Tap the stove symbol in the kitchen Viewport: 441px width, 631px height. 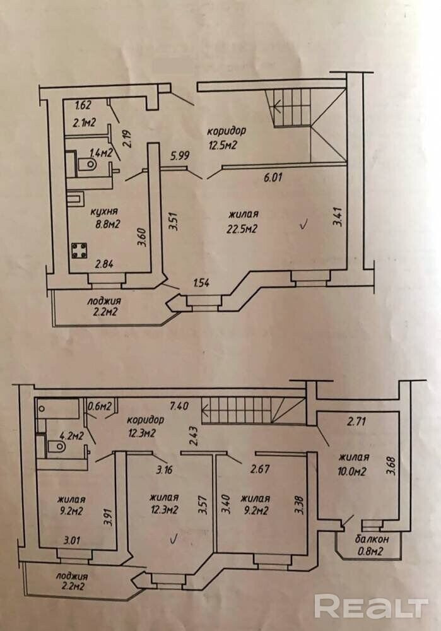point(79,251)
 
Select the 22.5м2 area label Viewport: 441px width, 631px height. point(242,229)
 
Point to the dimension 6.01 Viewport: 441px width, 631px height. point(273,177)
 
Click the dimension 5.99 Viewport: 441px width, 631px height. point(179,155)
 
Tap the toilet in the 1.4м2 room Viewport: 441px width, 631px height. point(87,164)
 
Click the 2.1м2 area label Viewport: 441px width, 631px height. point(84,122)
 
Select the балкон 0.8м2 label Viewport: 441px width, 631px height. point(371,545)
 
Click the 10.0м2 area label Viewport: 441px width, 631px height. point(352,471)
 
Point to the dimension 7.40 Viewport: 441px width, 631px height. point(179,406)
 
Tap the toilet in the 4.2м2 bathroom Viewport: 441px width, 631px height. point(56,446)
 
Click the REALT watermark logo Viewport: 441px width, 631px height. point(371,606)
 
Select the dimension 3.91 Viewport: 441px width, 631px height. point(107,519)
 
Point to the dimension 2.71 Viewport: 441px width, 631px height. point(356,422)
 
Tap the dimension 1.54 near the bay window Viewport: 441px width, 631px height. point(201,283)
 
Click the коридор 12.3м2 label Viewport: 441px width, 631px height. point(145,426)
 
